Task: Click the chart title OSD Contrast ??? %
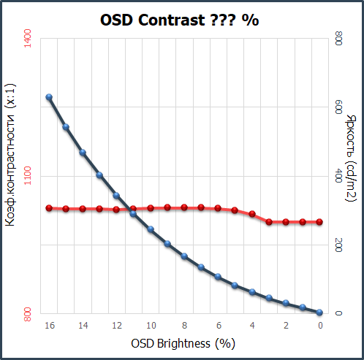[x=179, y=20]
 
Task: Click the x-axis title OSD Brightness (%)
[x=183, y=342]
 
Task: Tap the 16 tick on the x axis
[x=50, y=326]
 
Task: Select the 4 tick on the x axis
[x=252, y=326]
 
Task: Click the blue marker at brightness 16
[x=49, y=97]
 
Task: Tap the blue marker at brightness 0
[x=320, y=313]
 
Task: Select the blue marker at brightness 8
[x=184, y=256]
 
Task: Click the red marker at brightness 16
[x=49, y=208]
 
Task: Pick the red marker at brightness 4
[x=252, y=214]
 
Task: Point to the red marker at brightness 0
[x=320, y=221]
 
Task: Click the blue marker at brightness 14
[x=83, y=153]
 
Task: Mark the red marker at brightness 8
[x=184, y=207]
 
